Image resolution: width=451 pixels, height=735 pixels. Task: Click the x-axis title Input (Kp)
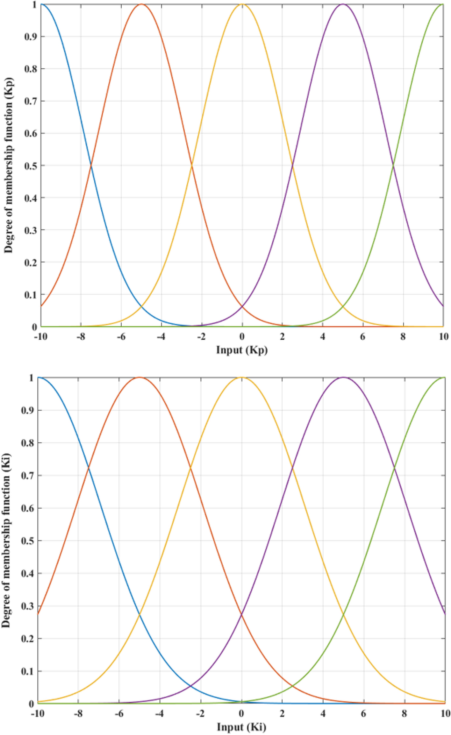click(x=242, y=350)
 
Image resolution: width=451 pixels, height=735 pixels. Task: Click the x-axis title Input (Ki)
click(x=241, y=727)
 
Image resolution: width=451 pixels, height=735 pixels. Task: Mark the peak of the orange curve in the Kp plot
click(x=141, y=4)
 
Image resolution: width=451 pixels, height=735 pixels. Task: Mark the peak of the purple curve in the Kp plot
click(x=343, y=4)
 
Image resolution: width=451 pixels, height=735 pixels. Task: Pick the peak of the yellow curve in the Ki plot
click(x=242, y=377)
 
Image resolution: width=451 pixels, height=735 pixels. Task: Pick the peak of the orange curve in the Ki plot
click(x=140, y=377)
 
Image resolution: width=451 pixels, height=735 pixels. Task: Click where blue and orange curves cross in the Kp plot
click(x=91, y=165)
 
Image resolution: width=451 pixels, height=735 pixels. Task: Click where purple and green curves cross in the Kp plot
click(x=393, y=165)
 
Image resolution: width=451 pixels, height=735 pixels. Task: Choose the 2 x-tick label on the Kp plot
click(x=282, y=337)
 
